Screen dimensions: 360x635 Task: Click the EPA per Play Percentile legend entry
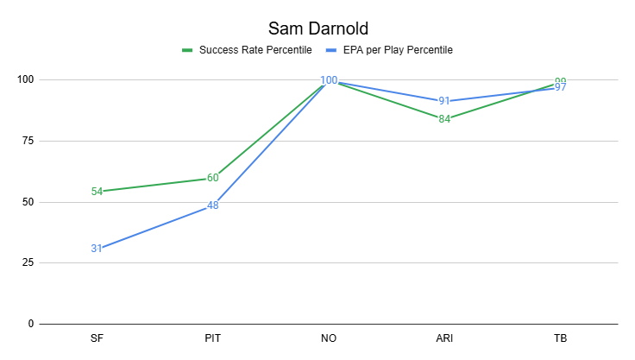point(397,50)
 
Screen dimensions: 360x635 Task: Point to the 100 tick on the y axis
point(25,80)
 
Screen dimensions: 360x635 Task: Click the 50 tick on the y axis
point(28,202)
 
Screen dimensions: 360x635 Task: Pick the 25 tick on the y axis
point(28,263)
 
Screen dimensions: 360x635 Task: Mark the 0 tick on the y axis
point(30,325)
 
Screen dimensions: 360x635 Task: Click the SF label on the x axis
point(97,338)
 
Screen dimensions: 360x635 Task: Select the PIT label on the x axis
point(212,338)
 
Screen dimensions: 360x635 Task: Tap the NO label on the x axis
point(329,338)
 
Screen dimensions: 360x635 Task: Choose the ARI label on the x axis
point(444,338)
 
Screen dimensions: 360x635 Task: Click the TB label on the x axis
point(560,338)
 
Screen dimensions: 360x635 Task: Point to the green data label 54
point(97,192)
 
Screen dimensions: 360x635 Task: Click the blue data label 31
point(97,249)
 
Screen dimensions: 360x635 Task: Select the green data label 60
point(212,178)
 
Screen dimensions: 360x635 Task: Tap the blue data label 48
point(212,205)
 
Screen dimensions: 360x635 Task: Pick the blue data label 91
point(444,101)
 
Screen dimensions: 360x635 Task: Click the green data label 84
point(444,119)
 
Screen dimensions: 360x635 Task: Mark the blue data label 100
point(329,80)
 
